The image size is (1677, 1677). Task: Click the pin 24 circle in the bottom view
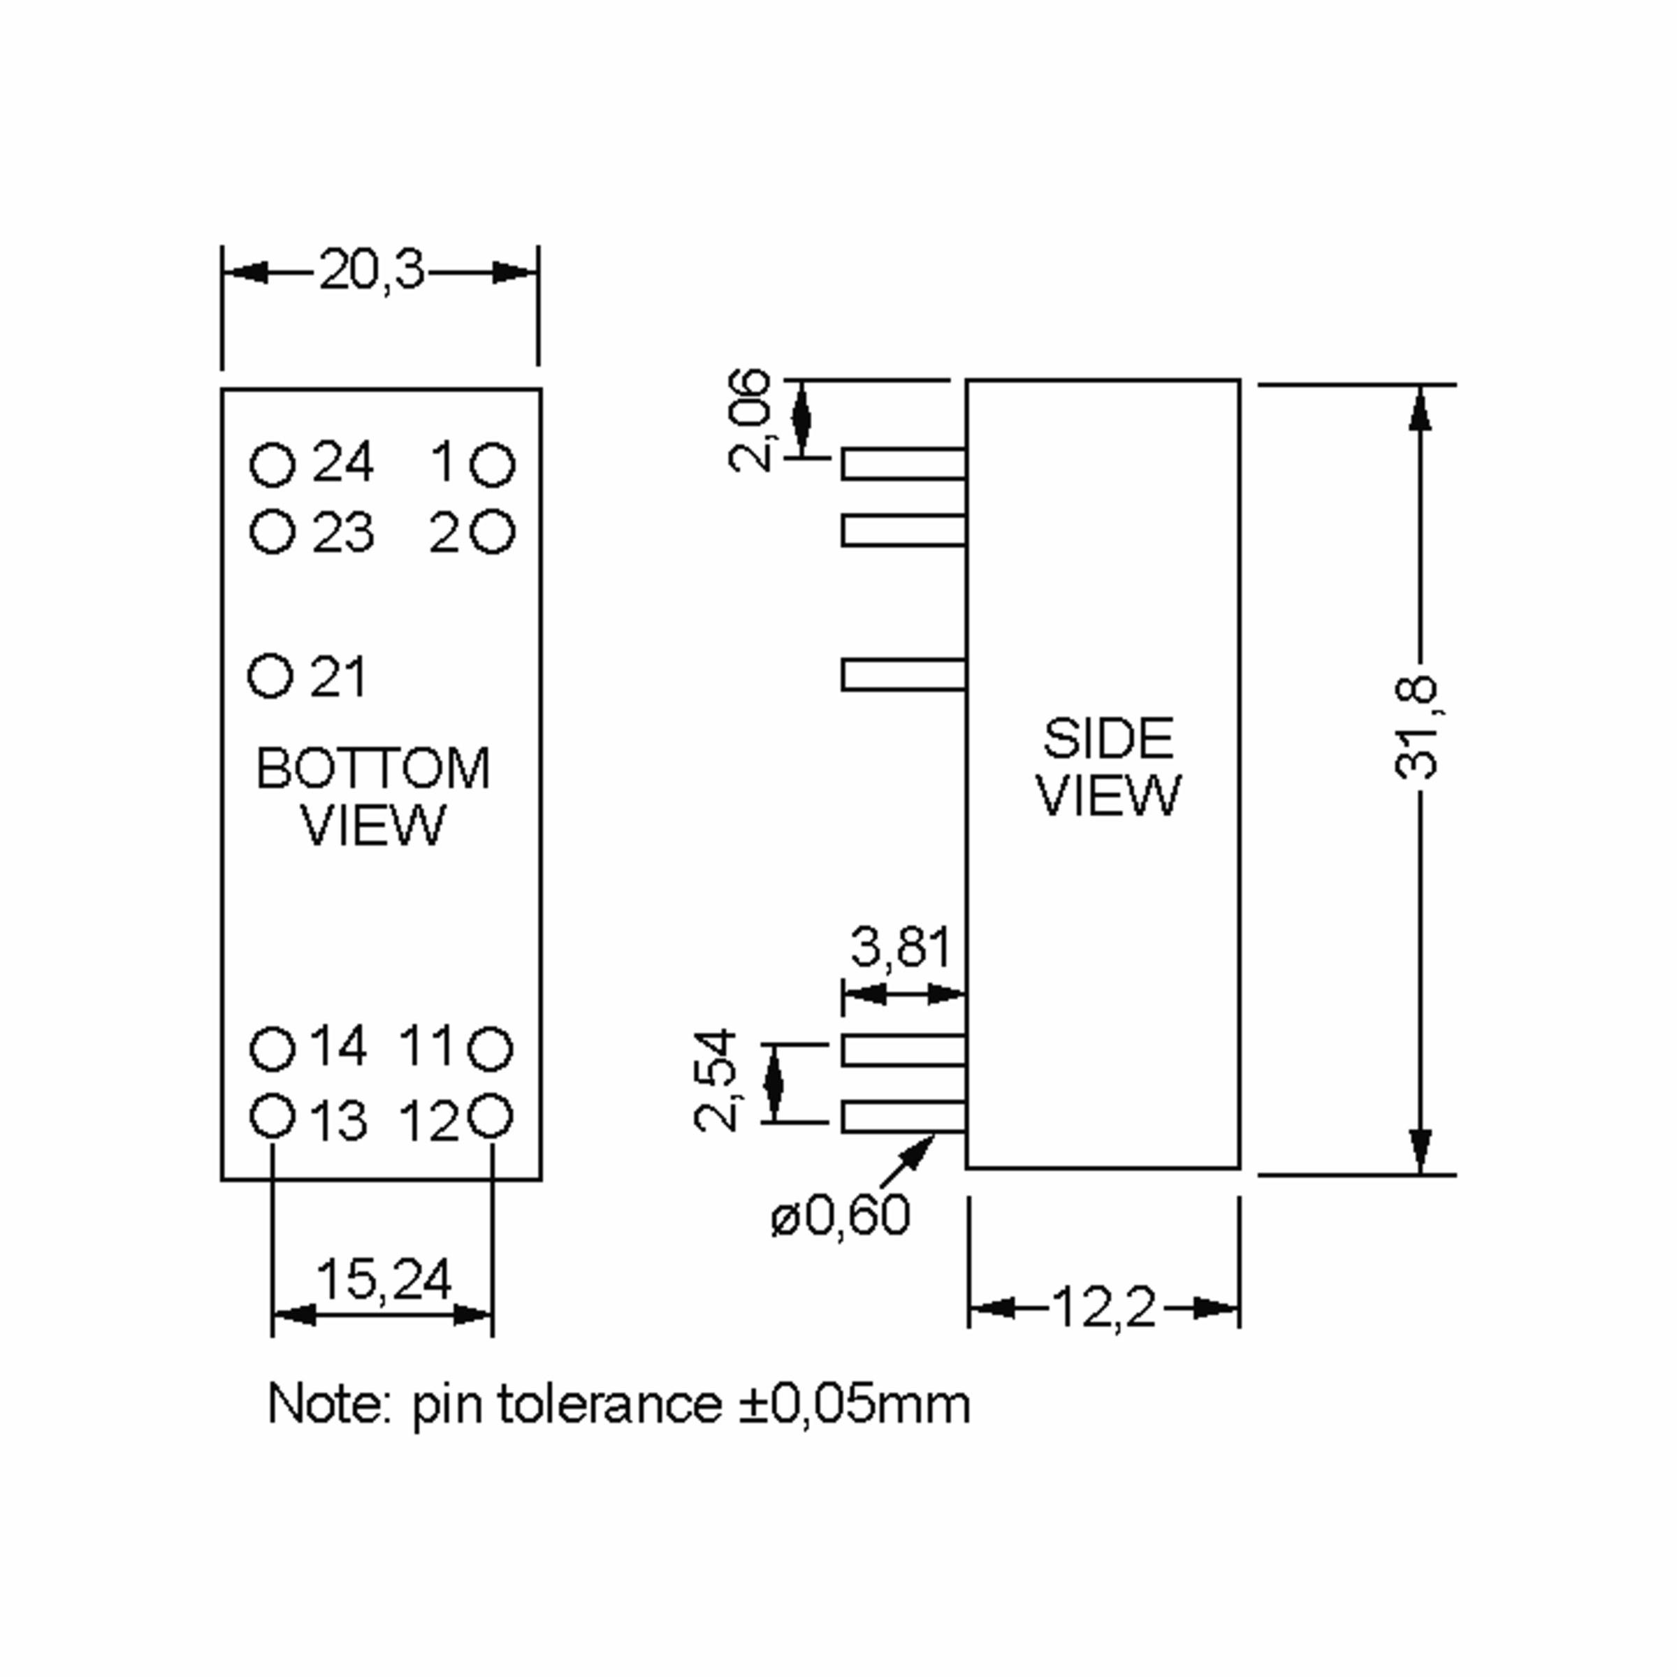tap(273, 465)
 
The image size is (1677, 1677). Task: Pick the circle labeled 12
tap(491, 1117)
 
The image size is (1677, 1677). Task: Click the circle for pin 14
tap(273, 1049)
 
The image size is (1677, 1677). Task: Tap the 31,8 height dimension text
tap(1416, 727)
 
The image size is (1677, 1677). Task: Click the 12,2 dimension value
tap(1103, 1307)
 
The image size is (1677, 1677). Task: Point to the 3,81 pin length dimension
tap(901, 946)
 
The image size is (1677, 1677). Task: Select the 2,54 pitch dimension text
tap(716, 1082)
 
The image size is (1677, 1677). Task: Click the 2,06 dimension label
tap(749, 420)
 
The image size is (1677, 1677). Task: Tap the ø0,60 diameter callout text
tap(840, 1214)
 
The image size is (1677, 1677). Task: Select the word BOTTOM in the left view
tap(373, 768)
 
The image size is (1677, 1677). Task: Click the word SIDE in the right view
tap(1108, 739)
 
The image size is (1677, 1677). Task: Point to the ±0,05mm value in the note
tap(854, 1404)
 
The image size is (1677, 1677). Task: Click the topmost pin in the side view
tap(903, 465)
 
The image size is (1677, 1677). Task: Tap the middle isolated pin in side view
tap(903, 674)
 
